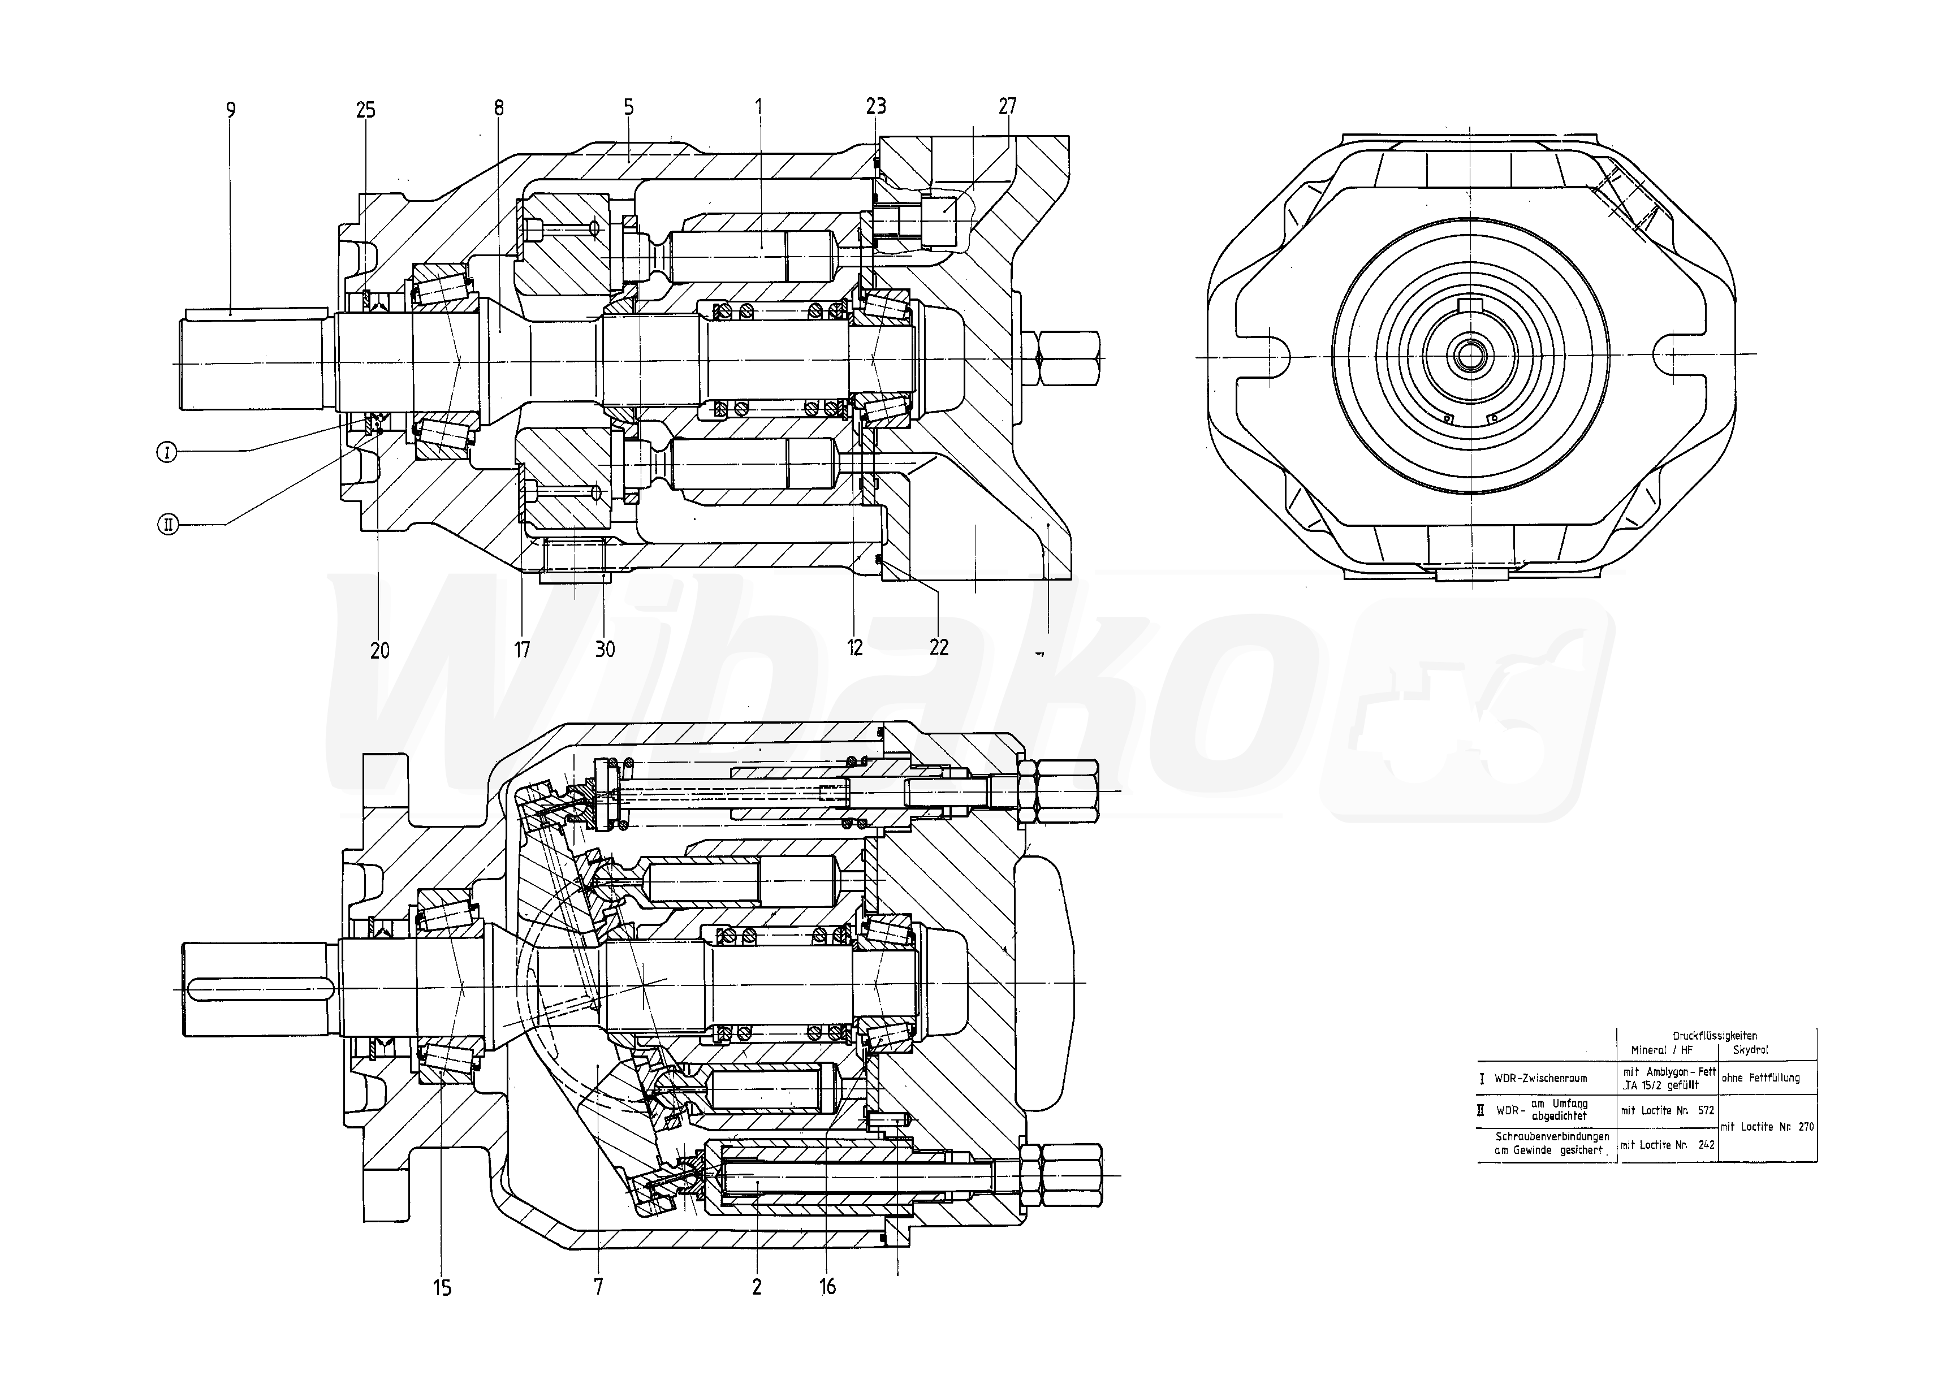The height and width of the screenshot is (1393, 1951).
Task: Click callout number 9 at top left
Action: click(230, 110)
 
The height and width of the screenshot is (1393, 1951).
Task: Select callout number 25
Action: click(365, 110)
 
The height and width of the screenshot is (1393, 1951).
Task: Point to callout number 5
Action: click(629, 107)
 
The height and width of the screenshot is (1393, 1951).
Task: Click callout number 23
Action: click(875, 106)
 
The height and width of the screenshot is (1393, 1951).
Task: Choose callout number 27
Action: click(1007, 106)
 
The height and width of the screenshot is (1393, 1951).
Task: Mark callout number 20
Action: click(379, 650)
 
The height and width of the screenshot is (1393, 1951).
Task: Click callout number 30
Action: click(605, 650)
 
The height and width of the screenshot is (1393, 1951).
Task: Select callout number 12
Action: click(854, 648)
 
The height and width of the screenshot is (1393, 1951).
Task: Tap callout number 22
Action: click(939, 648)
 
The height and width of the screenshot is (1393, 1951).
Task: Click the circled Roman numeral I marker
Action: click(166, 451)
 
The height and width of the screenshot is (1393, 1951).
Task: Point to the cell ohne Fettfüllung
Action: click(1766, 1078)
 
